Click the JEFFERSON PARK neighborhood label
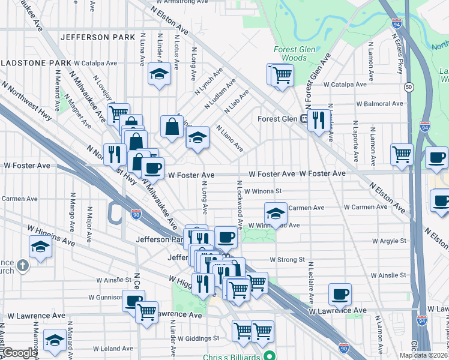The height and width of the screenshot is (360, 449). tap(97, 37)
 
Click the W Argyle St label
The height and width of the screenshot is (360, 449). tap(389, 241)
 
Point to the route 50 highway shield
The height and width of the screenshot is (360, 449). tap(408, 87)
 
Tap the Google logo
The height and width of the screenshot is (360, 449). tap(19, 353)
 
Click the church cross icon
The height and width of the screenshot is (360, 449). tap(22, 265)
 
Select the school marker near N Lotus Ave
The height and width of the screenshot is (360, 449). tap(158, 74)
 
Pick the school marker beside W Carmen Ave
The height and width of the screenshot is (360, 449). tap(276, 212)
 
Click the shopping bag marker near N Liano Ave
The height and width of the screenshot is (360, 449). tap(172, 127)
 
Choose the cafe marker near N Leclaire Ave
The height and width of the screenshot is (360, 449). tap(340, 294)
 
